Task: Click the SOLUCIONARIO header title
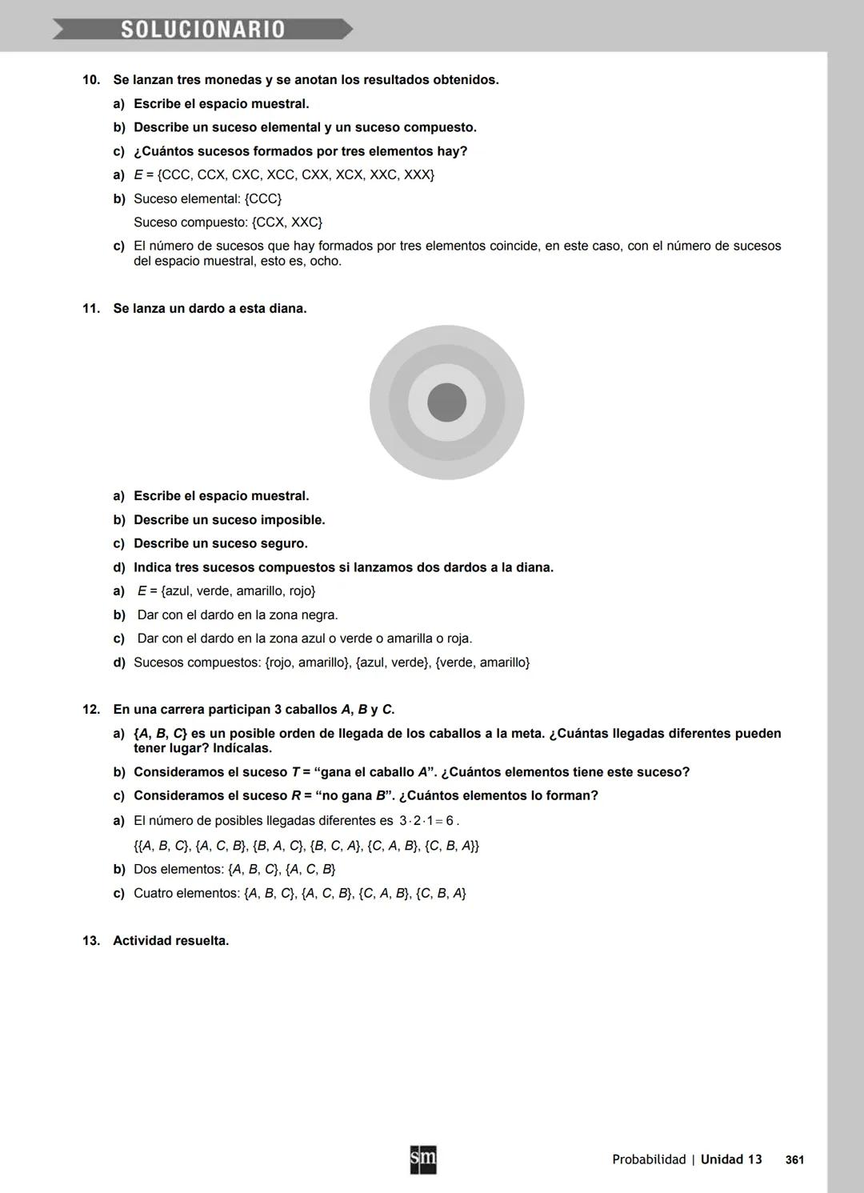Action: click(202, 30)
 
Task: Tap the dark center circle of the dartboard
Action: click(446, 402)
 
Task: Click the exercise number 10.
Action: click(91, 80)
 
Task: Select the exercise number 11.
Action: click(91, 309)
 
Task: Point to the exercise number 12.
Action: click(91, 710)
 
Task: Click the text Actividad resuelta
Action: click(170, 941)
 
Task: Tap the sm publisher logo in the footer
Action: click(423, 1159)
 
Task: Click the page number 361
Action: click(794, 1160)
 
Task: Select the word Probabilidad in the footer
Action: click(649, 1159)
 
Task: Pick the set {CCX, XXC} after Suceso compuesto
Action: click(286, 222)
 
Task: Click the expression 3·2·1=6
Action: click(427, 821)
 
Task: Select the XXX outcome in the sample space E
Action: click(418, 175)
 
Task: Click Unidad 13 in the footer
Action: click(731, 1159)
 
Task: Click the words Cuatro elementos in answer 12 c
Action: click(185, 894)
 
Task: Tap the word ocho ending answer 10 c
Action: click(326, 262)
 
